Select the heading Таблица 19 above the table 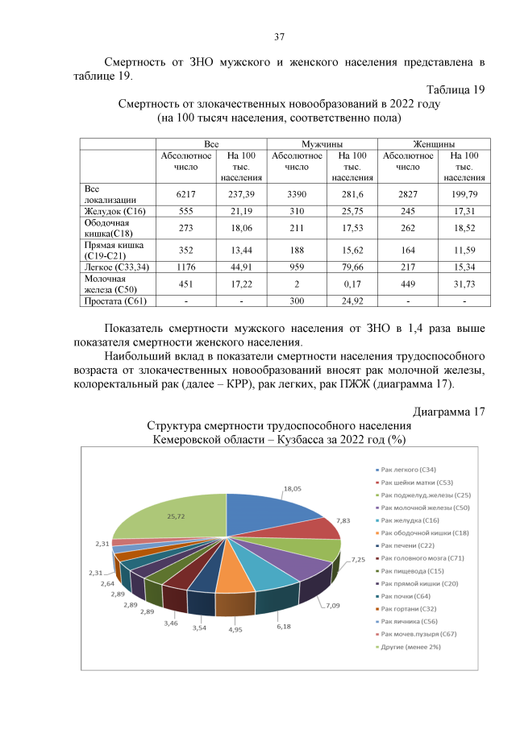pos(453,90)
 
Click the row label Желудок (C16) pos(114,211)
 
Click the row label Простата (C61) pos(116,301)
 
